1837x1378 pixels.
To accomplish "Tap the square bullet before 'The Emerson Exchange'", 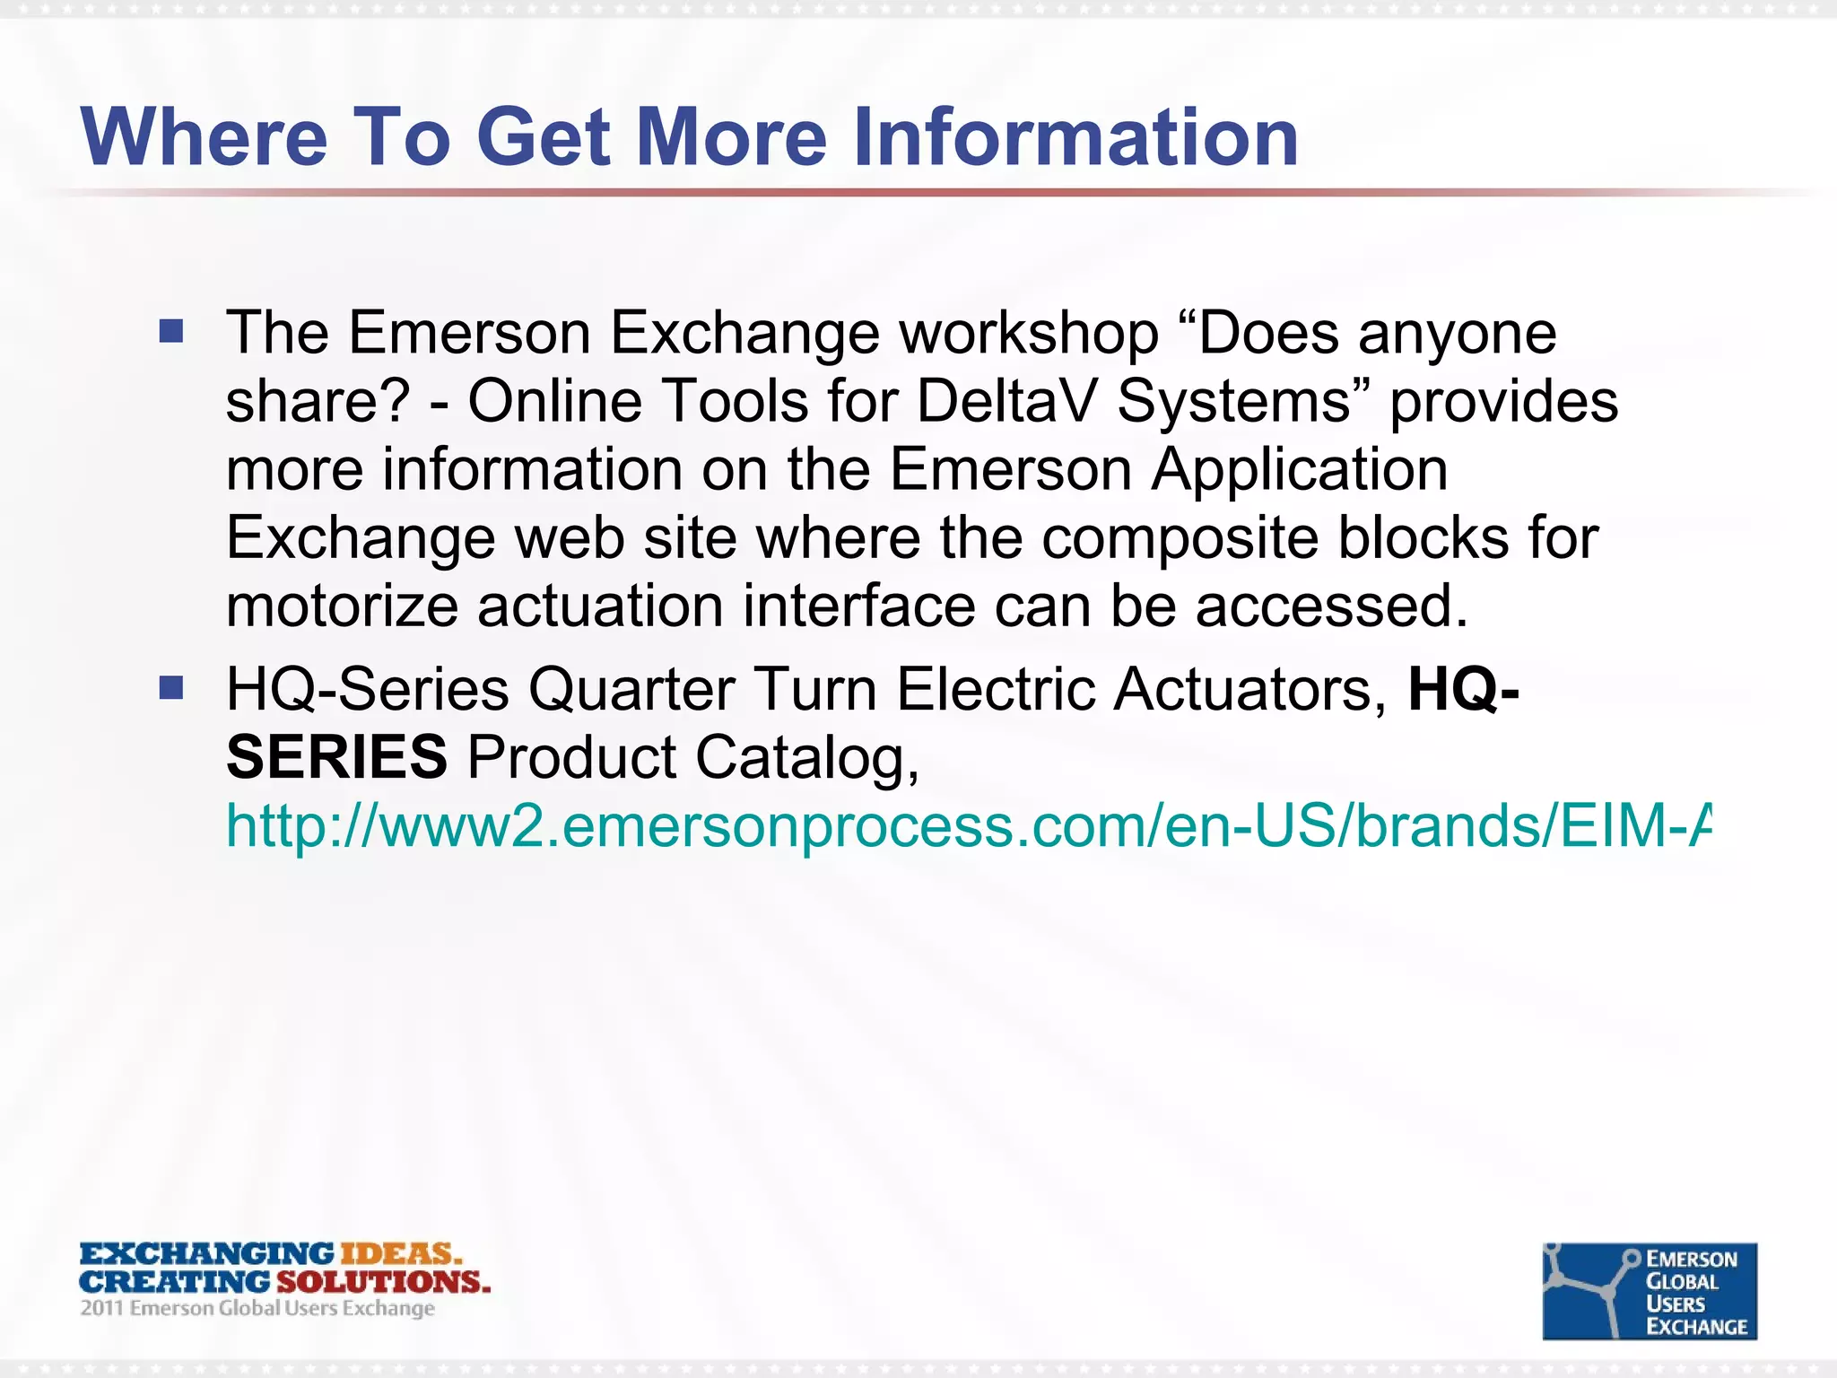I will coord(170,332).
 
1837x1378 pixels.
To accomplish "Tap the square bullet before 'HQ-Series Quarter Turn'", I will coord(170,688).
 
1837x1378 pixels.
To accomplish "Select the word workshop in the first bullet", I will coord(1029,334).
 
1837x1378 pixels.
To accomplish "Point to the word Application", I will coord(1299,469).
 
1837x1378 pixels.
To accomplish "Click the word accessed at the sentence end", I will coord(1331,606).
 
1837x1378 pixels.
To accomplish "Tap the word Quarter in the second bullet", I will coord(631,690).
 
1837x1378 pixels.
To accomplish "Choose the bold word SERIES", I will coord(336,757).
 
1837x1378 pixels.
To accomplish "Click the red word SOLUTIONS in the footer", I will coord(383,1281).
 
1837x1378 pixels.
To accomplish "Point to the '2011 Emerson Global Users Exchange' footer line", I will coord(257,1308).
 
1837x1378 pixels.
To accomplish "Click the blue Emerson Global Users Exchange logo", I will coord(1649,1290).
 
